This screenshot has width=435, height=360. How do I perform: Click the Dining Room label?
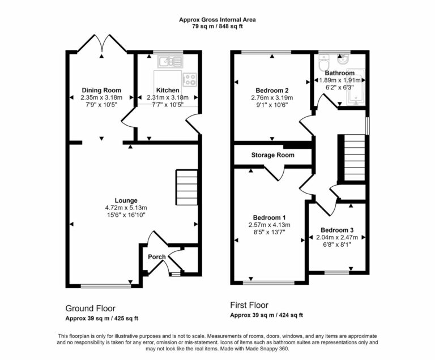click(x=101, y=90)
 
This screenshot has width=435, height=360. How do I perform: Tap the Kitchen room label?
click(x=168, y=90)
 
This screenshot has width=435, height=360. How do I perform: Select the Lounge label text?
click(x=126, y=200)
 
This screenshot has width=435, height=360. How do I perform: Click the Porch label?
click(x=157, y=257)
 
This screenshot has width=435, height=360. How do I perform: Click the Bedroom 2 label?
click(x=272, y=90)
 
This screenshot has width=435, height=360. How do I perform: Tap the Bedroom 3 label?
click(x=337, y=230)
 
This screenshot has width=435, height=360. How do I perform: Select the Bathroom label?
click(x=340, y=73)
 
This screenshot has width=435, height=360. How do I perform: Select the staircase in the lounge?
click(x=186, y=188)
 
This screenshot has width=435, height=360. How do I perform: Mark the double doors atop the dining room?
click(x=102, y=44)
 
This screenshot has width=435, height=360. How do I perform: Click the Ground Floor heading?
click(x=91, y=308)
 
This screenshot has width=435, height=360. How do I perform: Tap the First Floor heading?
click(x=249, y=305)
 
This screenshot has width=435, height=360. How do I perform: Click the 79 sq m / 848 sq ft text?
click(x=217, y=27)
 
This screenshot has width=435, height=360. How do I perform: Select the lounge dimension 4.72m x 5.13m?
click(x=126, y=208)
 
